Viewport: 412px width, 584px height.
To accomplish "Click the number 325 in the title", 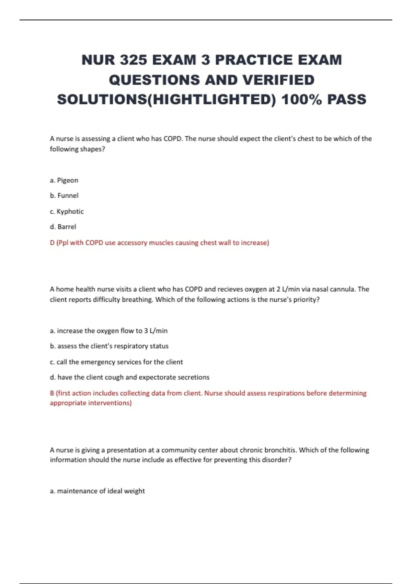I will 134,60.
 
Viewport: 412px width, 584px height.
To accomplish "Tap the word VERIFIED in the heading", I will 278,80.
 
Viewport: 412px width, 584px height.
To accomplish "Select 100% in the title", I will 302,100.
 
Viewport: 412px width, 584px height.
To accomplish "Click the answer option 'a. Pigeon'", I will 64,180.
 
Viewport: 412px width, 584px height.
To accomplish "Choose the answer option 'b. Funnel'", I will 64,195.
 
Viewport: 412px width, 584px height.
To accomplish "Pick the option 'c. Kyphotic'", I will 67,211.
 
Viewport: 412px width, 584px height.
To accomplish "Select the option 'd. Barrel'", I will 63,227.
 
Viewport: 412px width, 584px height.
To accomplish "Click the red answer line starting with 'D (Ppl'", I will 159,243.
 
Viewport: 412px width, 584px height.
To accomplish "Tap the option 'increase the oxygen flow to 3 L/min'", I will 109,331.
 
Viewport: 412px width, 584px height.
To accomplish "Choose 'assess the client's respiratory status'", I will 109,346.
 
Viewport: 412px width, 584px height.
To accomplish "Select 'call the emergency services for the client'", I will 116,362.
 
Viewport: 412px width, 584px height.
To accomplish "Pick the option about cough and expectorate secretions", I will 129,377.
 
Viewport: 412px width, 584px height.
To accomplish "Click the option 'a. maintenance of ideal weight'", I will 97,491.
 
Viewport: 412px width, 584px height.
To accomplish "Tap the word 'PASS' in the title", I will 346,100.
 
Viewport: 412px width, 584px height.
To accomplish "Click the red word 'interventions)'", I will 110,403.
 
